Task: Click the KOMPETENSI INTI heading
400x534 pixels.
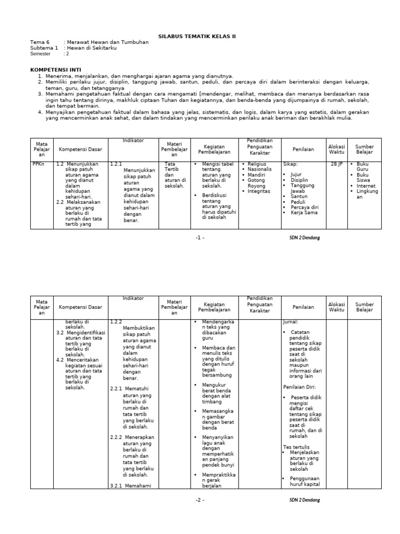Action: click(x=55, y=69)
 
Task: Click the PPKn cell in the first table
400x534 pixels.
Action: click(x=38, y=164)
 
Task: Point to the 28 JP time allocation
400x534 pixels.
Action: click(x=336, y=164)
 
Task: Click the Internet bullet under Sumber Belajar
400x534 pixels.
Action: click(x=366, y=186)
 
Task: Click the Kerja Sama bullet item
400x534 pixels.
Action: click(x=305, y=213)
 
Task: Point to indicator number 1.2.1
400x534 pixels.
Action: click(x=116, y=164)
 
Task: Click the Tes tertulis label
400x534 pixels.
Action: click(x=296, y=447)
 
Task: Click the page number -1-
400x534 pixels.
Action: click(x=200, y=237)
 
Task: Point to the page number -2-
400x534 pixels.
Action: click(x=200, y=500)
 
